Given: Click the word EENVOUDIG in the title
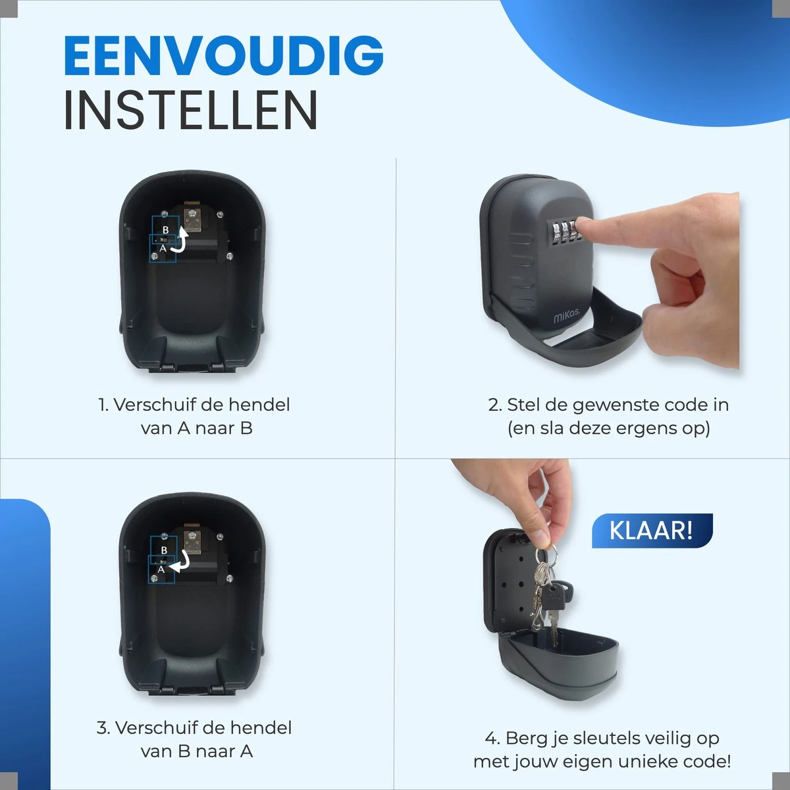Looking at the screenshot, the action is click(223, 55).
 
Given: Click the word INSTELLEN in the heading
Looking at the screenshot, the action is click(191, 110).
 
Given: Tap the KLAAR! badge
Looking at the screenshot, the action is click(652, 531).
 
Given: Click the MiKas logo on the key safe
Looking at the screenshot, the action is click(567, 316).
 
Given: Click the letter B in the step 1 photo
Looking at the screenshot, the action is click(166, 230).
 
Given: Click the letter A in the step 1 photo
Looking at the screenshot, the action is click(163, 248).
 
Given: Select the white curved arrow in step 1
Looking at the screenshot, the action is click(180, 240).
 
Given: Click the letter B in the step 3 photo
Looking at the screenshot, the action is click(164, 550).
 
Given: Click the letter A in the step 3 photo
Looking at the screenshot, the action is click(161, 569).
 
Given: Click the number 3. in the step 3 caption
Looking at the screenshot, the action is click(104, 727).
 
